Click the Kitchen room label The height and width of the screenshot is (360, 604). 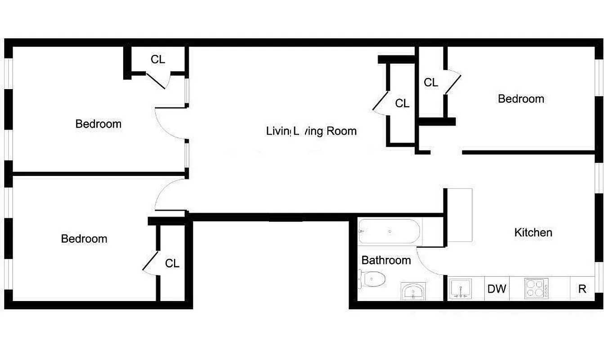(x=533, y=233)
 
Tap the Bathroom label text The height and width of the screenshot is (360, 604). (x=386, y=260)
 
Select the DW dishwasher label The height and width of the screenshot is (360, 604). (x=497, y=289)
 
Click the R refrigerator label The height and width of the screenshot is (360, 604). (x=582, y=289)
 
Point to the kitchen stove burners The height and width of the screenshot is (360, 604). (x=537, y=288)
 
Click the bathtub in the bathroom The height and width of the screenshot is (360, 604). (x=389, y=231)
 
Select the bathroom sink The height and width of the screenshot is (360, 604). (x=413, y=292)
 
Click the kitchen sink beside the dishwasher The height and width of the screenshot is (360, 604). (x=461, y=288)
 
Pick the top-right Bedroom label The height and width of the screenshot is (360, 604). (x=521, y=99)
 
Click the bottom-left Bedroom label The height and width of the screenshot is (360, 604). (x=84, y=238)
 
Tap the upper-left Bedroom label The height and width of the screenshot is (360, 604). (x=98, y=124)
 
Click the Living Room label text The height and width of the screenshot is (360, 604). (x=311, y=131)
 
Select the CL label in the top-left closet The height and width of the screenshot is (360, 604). (x=158, y=59)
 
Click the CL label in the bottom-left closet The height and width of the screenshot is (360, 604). (x=172, y=263)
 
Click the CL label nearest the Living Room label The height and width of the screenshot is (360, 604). (x=402, y=103)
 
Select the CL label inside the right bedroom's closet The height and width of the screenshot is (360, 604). (x=431, y=83)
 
